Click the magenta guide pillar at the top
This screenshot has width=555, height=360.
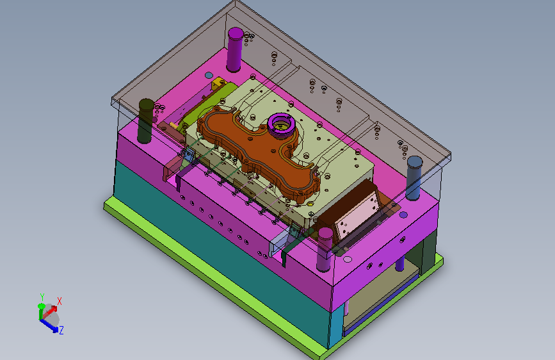coord(235,49)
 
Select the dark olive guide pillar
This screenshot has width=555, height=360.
coord(146,121)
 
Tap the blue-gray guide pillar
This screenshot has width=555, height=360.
coord(414,178)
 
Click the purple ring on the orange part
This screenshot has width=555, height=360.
coord(281,124)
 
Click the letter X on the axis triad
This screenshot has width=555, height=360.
coord(60,301)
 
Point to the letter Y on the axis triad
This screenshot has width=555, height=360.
coord(42,297)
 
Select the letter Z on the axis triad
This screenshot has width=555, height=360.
coord(61,331)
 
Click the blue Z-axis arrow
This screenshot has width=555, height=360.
coord(49,325)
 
